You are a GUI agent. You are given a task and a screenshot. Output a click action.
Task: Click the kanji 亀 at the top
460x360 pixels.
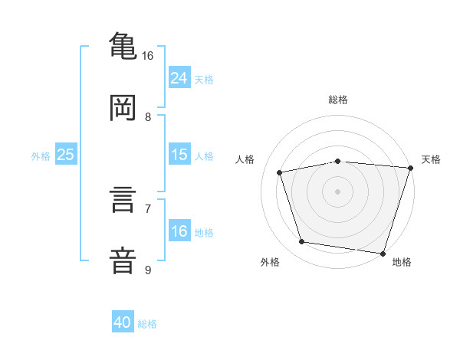[x=123, y=46]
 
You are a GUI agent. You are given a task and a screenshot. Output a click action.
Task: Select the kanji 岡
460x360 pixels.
[x=123, y=107]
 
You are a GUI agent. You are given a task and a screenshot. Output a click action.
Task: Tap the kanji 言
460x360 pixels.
[x=123, y=199]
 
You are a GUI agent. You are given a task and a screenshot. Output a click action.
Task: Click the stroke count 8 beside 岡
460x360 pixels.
[x=148, y=117]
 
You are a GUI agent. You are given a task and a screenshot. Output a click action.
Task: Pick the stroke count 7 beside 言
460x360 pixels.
[x=148, y=209]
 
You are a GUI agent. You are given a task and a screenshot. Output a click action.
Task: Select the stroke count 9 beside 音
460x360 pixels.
[x=148, y=270]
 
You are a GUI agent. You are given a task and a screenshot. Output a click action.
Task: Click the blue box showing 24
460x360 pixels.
[x=179, y=77]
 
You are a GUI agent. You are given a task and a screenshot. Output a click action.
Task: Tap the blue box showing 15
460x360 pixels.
[x=179, y=154]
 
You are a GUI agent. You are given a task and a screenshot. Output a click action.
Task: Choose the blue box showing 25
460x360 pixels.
[x=66, y=154]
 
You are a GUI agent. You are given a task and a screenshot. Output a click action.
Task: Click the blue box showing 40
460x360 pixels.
[x=123, y=321]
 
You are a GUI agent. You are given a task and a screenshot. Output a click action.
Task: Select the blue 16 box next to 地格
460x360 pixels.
[x=179, y=230]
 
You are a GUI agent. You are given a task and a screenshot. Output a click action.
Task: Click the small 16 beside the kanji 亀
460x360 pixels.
[x=147, y=56]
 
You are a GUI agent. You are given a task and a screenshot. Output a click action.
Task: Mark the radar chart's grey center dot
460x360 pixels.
[x=337, y=191]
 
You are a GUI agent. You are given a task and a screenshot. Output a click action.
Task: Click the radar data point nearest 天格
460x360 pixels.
[x=411, y=168]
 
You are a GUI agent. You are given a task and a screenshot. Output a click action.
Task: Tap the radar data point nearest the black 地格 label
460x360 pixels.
[x=383, y=254]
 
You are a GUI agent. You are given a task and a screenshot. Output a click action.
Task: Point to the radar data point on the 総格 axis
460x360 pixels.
[x=337, y=162]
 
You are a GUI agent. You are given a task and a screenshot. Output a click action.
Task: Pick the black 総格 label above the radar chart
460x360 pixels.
[x=338, y=100]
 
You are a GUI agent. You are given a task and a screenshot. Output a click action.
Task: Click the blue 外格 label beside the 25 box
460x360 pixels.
[x=41, y=156]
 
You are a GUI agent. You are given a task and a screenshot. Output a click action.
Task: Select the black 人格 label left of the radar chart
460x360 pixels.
[x=245, y=159]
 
